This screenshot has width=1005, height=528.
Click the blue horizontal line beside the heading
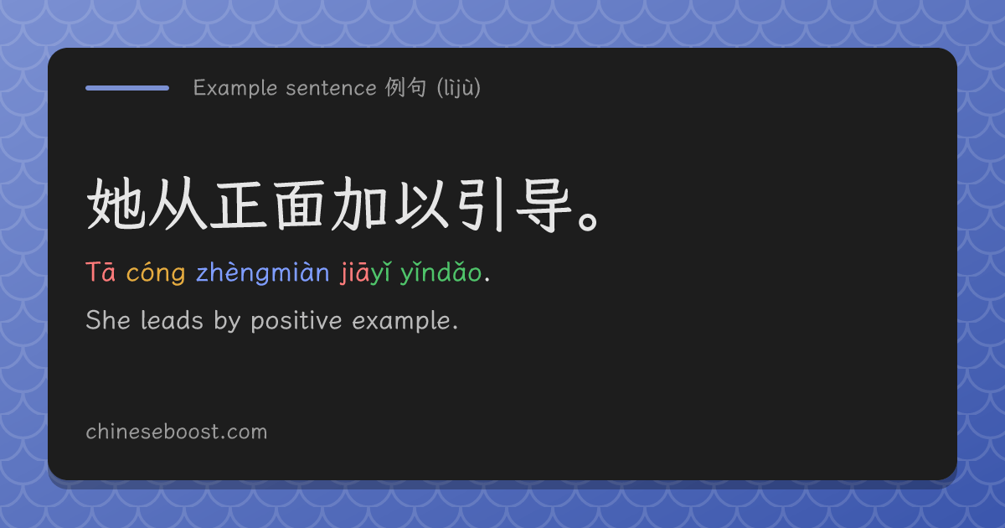pyautogui.click(x=127, y=88)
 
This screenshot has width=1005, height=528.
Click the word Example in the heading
pyautogui.click(x=235, y=88)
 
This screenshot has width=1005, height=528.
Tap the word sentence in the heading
pyautogui.click(x=331, y=88)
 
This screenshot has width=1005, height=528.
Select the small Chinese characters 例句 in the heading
pyautogui.click(x=405, y=87)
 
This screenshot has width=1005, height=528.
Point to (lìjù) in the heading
pyautogui.click(x=459, y=87)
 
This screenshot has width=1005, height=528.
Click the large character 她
pyautogui.click(x=116, y=204)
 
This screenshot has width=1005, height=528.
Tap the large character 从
pyautogui.click(x=178, y=204)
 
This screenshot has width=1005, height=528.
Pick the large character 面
pyautogui.click(x=299, y=204)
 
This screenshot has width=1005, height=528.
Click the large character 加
pyautogui.click(x=359, y=204)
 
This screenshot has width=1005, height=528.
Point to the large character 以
pyautogui.click(x=422, y=204)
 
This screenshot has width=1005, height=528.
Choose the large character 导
pyautogui.click(x=544, y=204)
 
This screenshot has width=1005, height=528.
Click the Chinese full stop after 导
pyautogui.click(x=588, y=221)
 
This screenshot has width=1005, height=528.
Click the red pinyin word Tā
pyautogui.click(x=100, y=272)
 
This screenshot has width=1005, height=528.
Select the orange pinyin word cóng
pyautogui.click(x=156, y=273)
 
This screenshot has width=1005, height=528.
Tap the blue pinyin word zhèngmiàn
pyautogui.click(x=263, y=272)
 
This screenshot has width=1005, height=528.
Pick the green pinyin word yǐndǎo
pyautogui.click(x=441, y=272)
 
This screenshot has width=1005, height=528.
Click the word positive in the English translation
pyautogui.click(x=296, y=322)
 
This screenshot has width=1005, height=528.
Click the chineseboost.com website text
pyautogui.click(x=177, y=432)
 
